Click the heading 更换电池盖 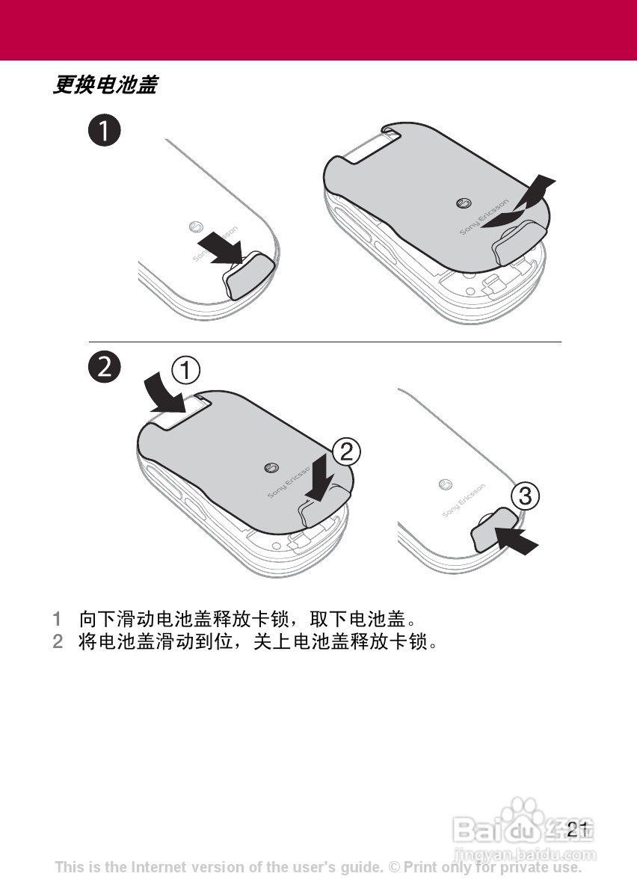105,84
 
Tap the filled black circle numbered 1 105,131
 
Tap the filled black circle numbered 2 105,367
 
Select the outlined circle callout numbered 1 186,371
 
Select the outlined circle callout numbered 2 347,451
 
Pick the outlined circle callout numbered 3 525,496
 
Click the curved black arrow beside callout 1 162,395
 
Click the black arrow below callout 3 516,540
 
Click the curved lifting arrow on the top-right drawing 520,203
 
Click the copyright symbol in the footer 394,867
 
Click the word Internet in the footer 159,867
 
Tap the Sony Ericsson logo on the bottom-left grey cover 271,468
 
